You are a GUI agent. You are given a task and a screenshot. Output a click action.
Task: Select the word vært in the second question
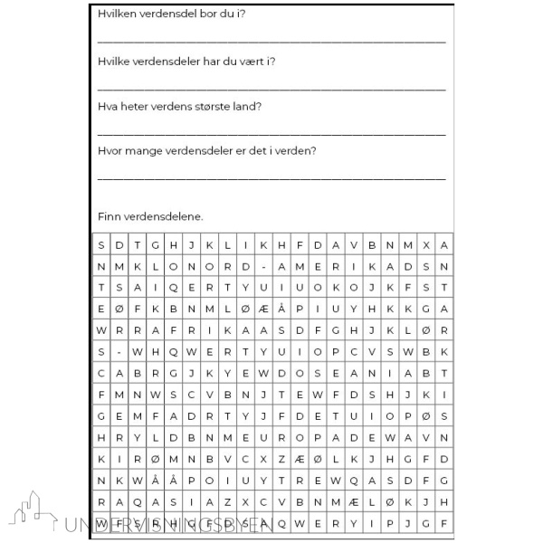click(x=247, y=61)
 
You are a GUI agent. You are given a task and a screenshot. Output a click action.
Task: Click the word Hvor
click(x=110, y=150)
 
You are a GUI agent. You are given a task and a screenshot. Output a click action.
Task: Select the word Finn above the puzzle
click(x=109, y=216)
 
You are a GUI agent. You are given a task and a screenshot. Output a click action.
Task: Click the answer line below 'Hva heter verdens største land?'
click(x=271, y=132)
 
